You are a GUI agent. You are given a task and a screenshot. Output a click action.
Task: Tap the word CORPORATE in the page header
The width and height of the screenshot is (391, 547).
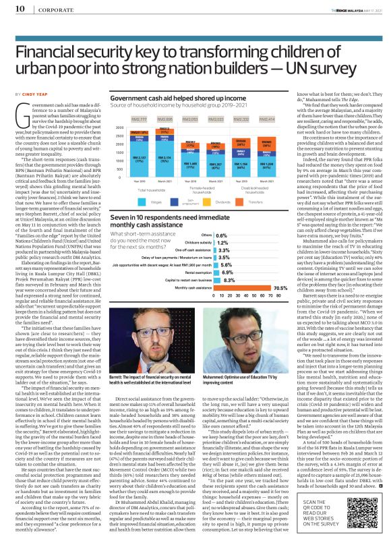(x=41, y=9)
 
